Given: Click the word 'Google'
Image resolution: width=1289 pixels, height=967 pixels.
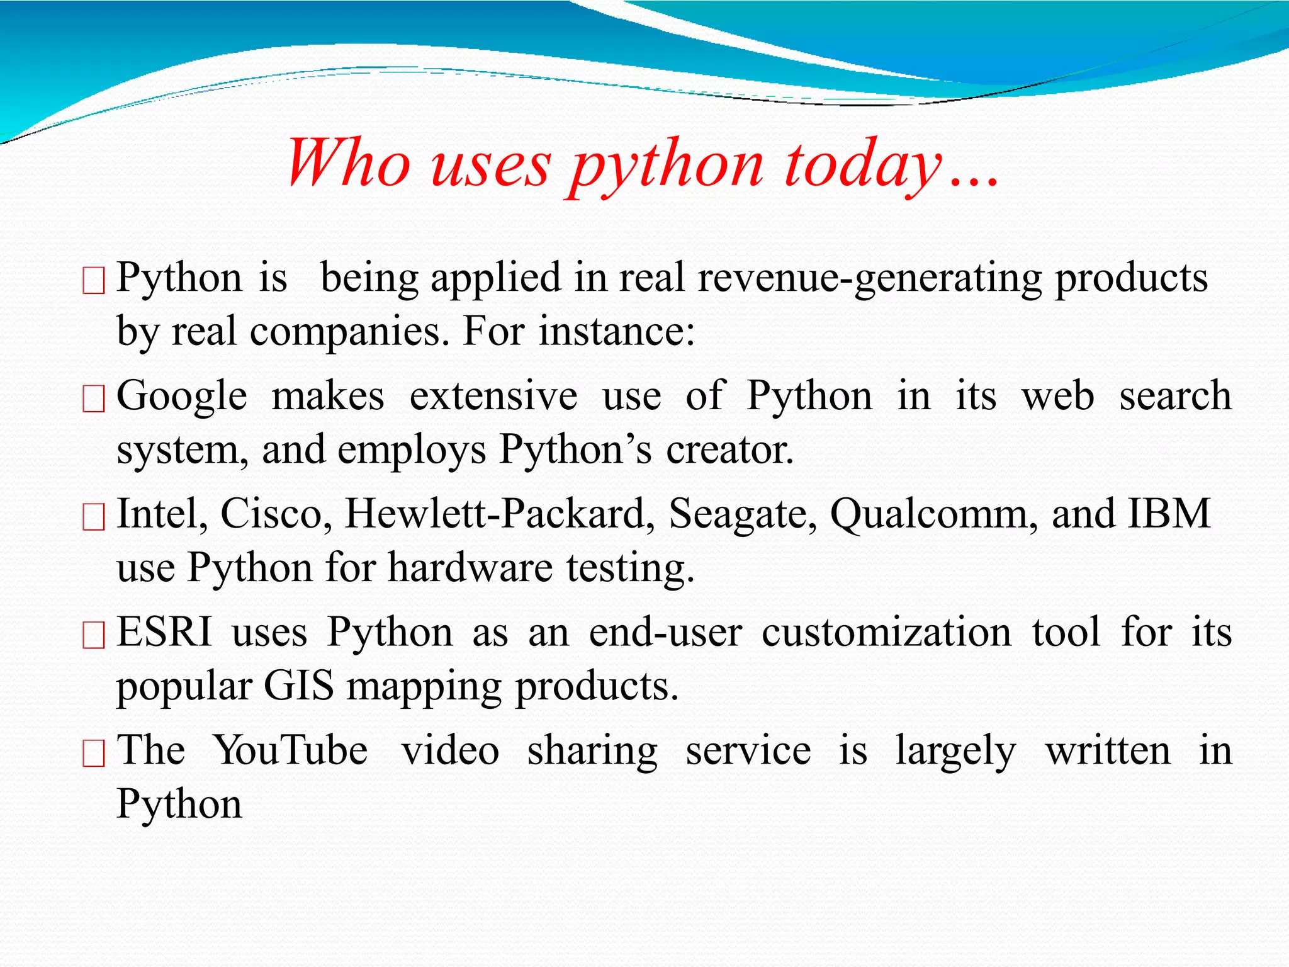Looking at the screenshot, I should point(182,397).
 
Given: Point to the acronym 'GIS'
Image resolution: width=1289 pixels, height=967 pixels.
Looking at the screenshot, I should point(298,686).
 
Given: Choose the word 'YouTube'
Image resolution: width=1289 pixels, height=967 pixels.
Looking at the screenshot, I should point(291,750).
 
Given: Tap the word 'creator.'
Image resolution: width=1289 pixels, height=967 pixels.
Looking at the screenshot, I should point(730,451).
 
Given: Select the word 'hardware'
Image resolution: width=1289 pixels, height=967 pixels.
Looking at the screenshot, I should point(470,568).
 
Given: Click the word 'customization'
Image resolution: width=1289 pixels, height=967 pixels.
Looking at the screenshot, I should point(886,632).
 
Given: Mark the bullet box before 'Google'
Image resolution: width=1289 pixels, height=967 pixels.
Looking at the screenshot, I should point(94,399).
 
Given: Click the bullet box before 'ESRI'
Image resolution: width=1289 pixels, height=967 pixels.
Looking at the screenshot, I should point(94,635).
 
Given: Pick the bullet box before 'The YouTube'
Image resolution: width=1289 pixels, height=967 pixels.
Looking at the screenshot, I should point(94,753).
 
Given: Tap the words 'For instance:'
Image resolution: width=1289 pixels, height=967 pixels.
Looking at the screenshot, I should point(578,332).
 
